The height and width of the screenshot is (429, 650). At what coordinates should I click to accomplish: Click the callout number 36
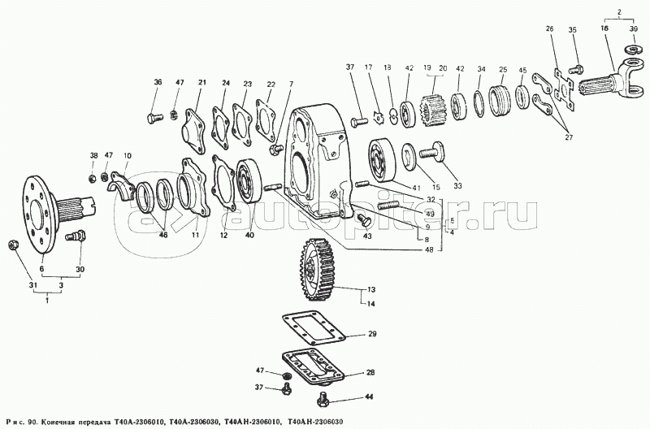[x=158, y=82]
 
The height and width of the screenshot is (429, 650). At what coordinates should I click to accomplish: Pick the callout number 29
[x=373, y=335]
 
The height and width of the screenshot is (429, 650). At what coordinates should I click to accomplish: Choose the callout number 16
[x=604, y=28]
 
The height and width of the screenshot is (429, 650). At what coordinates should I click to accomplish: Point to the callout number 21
[x=202, y=82]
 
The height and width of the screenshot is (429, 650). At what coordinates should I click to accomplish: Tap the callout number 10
[x=127, y=155]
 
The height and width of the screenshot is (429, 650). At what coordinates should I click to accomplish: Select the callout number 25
[x=503, y=69]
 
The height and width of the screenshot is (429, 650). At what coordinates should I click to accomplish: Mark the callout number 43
[x=367, y=236]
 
